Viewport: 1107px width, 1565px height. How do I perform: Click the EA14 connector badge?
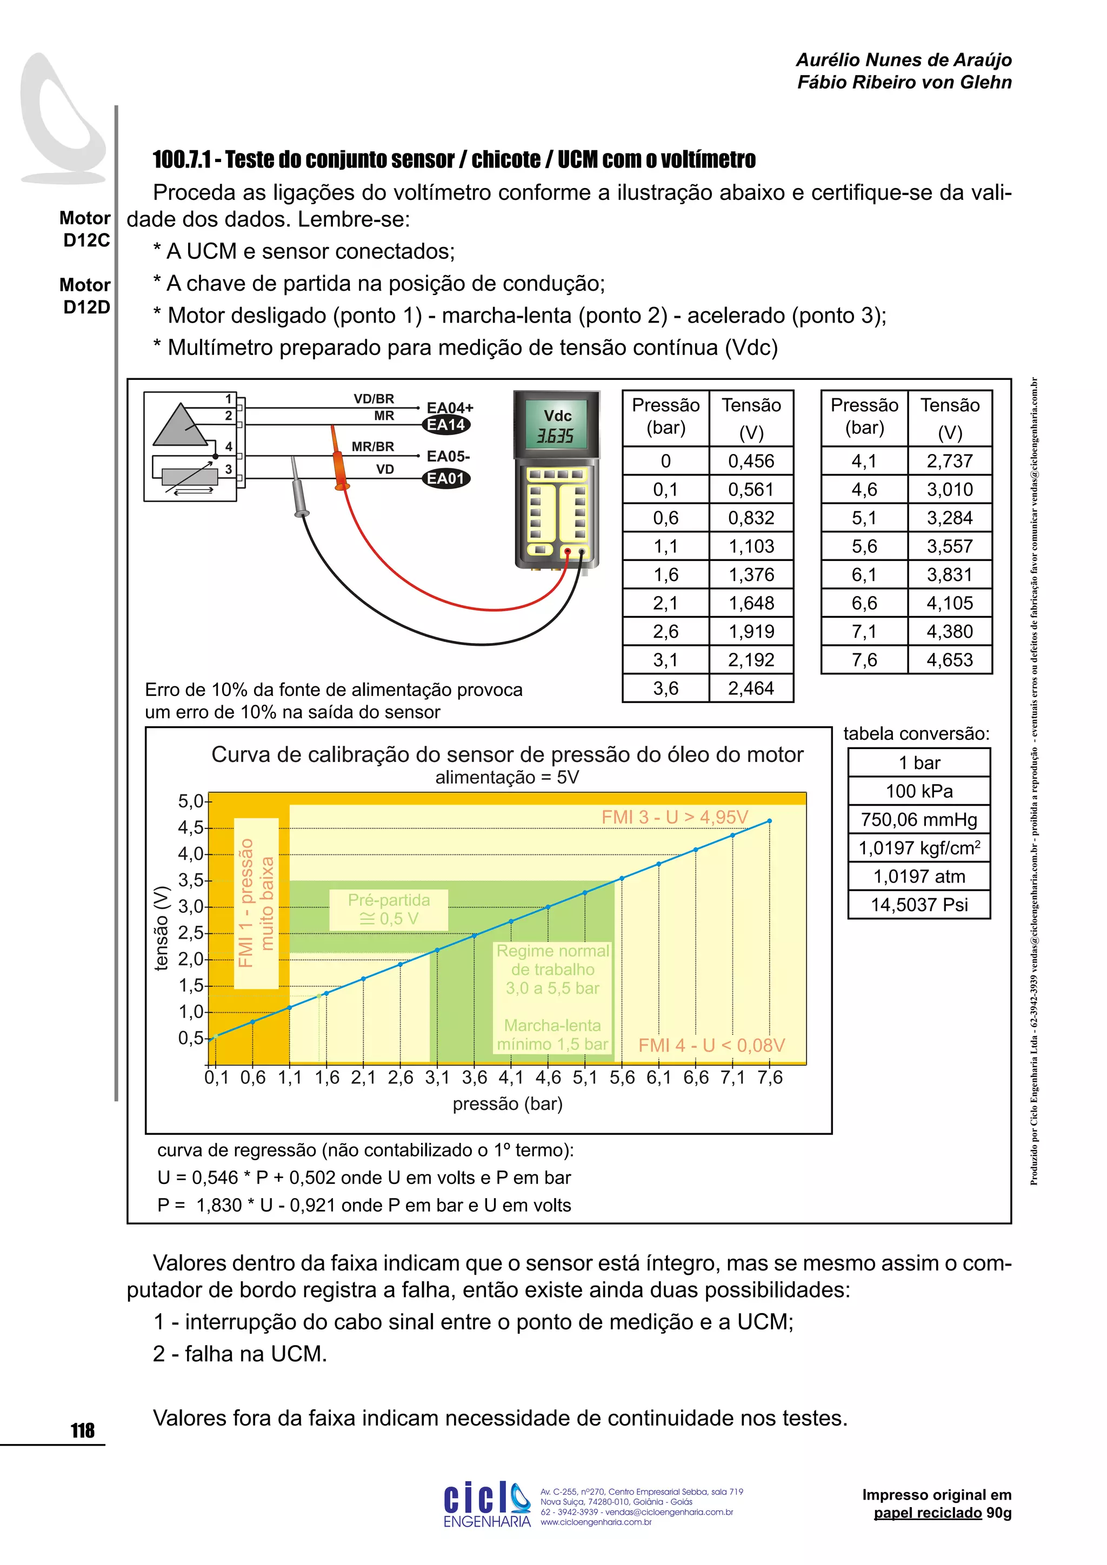coord(446,425)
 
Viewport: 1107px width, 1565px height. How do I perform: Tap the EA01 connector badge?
coord(446,478)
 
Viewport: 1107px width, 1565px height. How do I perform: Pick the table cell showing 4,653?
coord(950,660)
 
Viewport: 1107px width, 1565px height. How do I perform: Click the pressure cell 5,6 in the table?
coord(864,546)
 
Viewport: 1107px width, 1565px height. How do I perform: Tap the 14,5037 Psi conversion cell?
coord(919,905)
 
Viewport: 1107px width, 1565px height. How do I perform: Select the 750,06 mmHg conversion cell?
coord(919,819)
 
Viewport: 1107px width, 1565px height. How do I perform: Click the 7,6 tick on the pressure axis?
coord(770,1078)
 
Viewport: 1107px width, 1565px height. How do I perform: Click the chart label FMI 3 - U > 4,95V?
coord(674,817)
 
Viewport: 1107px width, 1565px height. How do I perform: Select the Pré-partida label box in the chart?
coord(389,909)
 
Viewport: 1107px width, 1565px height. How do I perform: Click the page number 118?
coord(83,1431)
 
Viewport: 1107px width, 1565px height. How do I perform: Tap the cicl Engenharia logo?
coord(486,1505)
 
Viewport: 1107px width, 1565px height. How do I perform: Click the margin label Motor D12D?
coord(86,296)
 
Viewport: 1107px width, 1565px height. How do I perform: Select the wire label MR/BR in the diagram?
coord(372,446)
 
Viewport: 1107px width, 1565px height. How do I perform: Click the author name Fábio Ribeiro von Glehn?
coord(904,83)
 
